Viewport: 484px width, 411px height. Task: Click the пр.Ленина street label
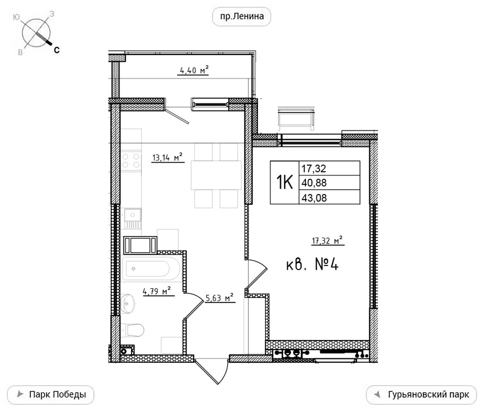[x=242, y=16]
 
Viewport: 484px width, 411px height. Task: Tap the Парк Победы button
[x=51, y=395]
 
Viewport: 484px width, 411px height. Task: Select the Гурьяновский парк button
[x=421, y=395]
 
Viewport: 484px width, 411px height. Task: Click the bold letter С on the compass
[x=57, y=50]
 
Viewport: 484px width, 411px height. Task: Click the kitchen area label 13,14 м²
[x=167, y=157]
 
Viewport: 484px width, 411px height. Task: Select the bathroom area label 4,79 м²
[x=157, y=291]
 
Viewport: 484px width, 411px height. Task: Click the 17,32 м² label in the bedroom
[x=327, y=240]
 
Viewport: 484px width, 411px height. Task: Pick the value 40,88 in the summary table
[x=314, y=183]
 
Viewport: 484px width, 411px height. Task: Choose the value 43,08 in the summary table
[x=314, y=198]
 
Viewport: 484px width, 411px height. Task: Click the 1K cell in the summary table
[x=285, y=182]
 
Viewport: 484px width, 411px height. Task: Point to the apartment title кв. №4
[x=313, y=265]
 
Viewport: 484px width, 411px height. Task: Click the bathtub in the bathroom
[x=151, y=269]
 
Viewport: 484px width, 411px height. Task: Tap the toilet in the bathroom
[x=132, y=330]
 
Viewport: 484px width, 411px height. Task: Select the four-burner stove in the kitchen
[x=131, y=161]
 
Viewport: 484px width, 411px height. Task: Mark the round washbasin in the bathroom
[x=128, y=304]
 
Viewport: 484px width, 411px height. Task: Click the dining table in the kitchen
[x=216, y=175]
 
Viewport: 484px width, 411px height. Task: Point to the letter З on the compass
[x=52, y=14]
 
